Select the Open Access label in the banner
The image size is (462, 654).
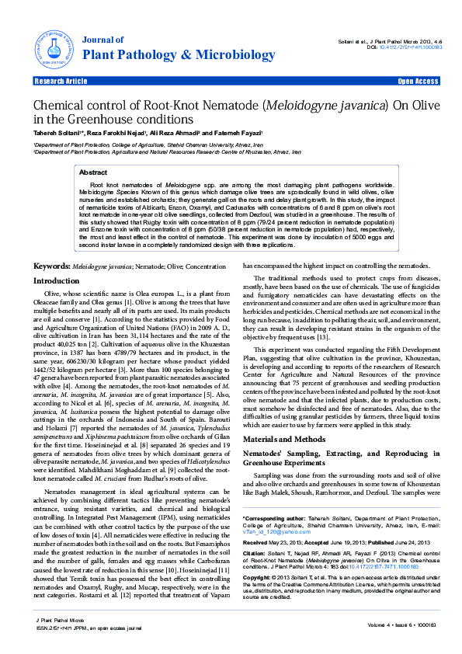click(x=418, y=81)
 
